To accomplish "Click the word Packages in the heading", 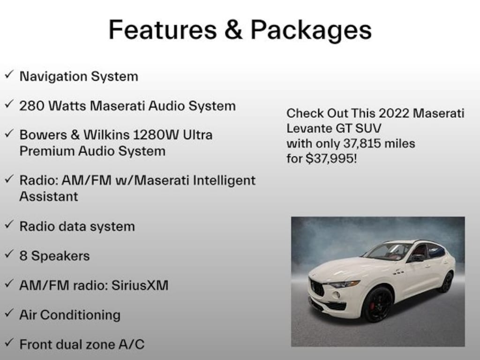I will (x=311, y=31).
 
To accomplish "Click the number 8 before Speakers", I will (x=23, y=256).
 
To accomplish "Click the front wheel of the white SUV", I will (x=378, y=305).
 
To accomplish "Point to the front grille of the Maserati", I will (x=317, y=286).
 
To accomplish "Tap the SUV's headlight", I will (x=345, y=284).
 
